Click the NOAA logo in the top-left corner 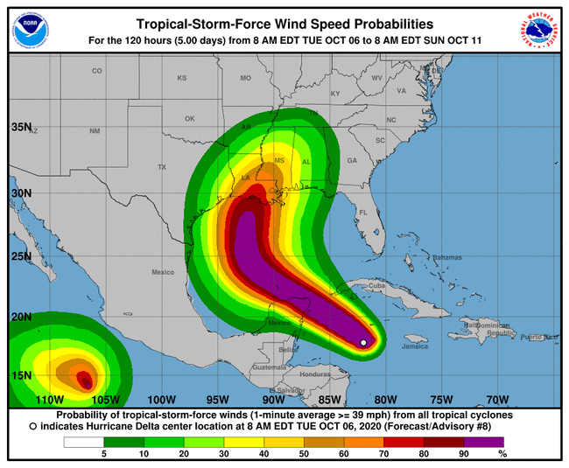click(x=31, y=31)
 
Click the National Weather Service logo click(x=539, y=31)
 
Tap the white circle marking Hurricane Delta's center click(x=364, y=343)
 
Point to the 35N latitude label click(x=20, y=127)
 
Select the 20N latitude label click(x=20, y=317)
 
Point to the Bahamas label click(x=446, y=257)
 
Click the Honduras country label click(x=314, y=374)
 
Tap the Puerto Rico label click(x=538, y=337)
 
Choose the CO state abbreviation click(x=97, y=71)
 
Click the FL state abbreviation click(x=362, y=213)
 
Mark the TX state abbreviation click(x=161, y=167)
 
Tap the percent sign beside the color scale click(x=502, y=455)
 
